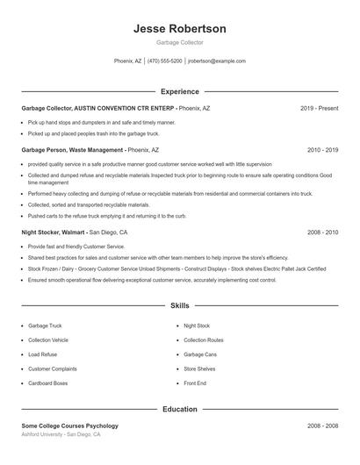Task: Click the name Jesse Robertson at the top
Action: tap(179, 29)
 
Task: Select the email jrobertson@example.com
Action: tap(217, 61)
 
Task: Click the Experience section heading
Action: tap(179, 91)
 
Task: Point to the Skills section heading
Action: tap(179, 306)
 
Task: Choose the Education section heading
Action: tap(179, 409)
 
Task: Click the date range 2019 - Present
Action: tap(319, 108)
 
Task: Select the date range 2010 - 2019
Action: tap(322, 150)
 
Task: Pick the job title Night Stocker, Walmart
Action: tap(54, 232)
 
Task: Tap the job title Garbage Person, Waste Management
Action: tap(73, 150)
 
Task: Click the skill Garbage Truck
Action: tap(45, 325)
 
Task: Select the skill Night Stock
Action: tap(197, 325)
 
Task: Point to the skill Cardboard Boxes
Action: tap(48, 383)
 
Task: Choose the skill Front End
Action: tap(195, 383)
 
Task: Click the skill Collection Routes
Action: tap(204, 340)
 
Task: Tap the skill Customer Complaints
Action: tap(52, 368)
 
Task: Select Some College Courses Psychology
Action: tap(69, 426)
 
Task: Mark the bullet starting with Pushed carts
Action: tap(107, 215)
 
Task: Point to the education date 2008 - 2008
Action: tap(322, 426)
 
